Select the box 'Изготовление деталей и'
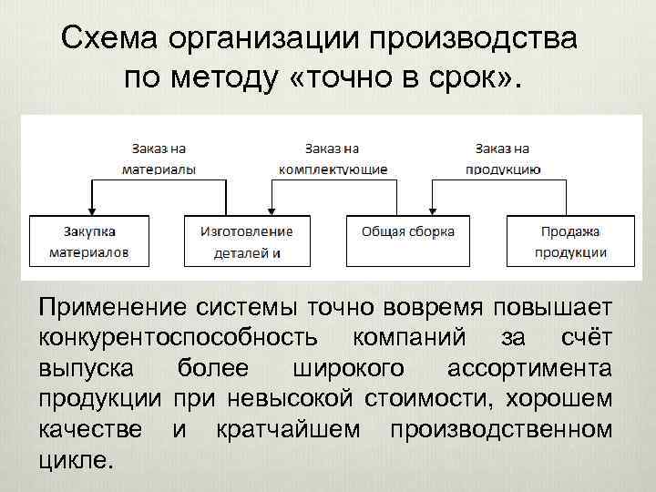tap(248, 241)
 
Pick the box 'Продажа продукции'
tap(570, 241)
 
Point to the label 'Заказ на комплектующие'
tap(333, 158)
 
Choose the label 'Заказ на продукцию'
tap(503, 158)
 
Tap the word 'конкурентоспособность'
tap(179, 338)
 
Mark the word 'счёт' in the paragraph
tap(581, 338)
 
